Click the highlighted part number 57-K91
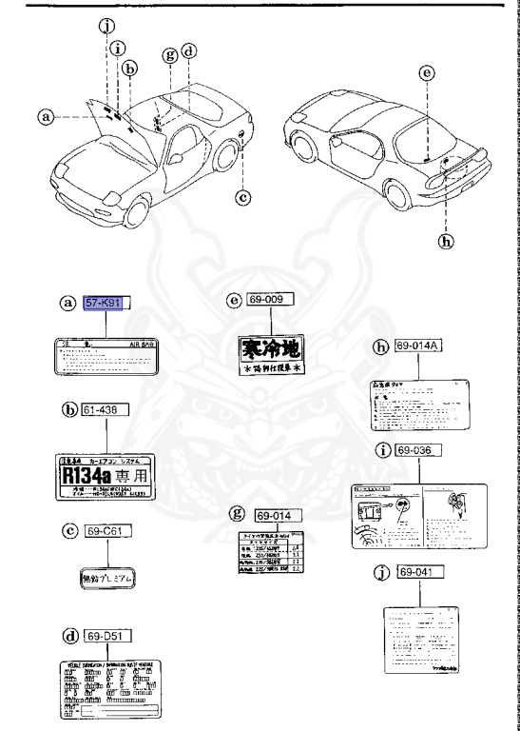pos(106,304)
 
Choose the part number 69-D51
pos(106,635)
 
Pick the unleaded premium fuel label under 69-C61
pos(107,578)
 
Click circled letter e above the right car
pos(427,71)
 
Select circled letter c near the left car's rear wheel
pos(243,197)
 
